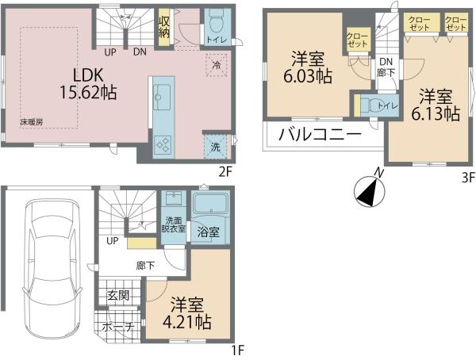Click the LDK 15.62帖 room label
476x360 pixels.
(88, 84)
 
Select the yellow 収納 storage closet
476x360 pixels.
(164, 27)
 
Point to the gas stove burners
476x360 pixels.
(163, 144)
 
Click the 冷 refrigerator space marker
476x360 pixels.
(217, 65)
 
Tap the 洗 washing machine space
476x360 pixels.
(215, 147)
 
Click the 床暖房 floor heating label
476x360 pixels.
(31, 122)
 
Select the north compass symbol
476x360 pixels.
(370, 190)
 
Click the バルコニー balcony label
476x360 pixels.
(320, 135)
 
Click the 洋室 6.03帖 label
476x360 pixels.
(308, 67)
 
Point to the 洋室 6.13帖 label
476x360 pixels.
(436, 105)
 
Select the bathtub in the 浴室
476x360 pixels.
(211, 203)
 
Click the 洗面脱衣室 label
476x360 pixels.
(173, 224)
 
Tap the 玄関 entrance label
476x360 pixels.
(119, 295)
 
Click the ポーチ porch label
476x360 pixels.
(118, 327)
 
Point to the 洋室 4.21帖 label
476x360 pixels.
(187, 313)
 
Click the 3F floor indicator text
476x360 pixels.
(468, 178)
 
